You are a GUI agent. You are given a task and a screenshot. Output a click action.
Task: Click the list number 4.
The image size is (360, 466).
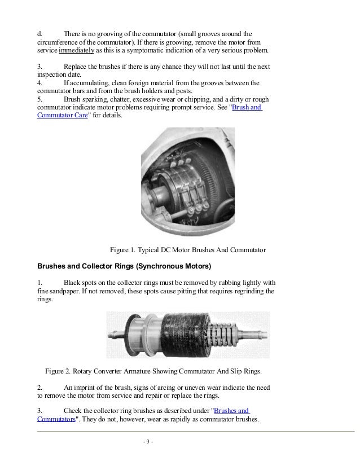coord(39,83)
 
